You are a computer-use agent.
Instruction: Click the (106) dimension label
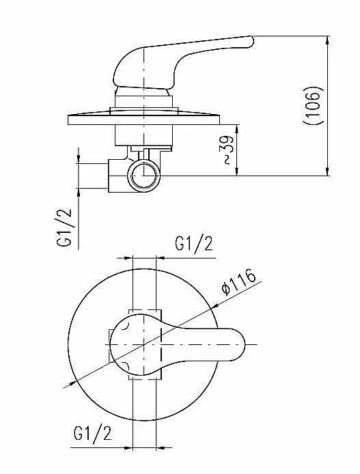[x=314, y=105]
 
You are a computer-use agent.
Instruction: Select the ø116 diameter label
[x=239, y=282]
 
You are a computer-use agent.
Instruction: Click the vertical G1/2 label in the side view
[x=65, y=227]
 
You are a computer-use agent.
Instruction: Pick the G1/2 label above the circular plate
[x=194, y=244]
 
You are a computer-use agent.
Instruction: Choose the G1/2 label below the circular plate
[x=92, y=433]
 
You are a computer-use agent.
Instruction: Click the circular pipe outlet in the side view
[x=143, y=176]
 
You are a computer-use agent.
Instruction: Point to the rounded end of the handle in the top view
[x=243, y=345]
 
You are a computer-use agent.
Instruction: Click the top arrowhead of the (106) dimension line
[x=328, y=40]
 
